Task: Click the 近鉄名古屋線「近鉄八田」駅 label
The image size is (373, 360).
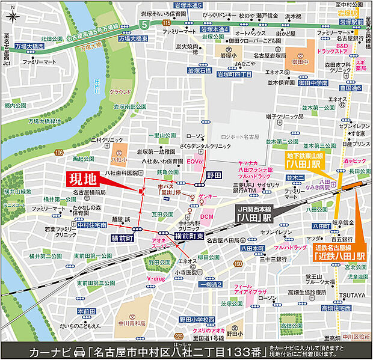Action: [341, 251]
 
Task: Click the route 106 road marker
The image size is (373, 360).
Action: [58, 153]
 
